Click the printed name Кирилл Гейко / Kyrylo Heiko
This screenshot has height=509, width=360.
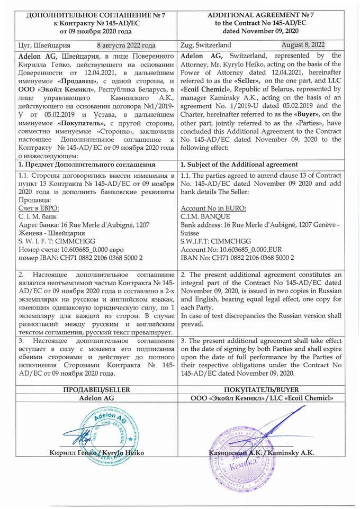[x=96, y=453]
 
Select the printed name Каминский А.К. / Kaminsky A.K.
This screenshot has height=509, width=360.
[x=259, y=453]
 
